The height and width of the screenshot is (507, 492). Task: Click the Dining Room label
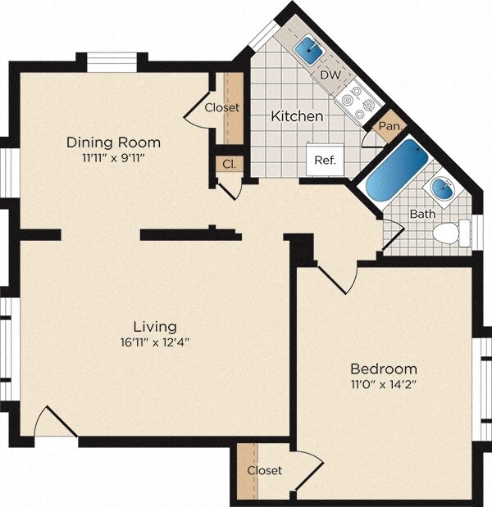coord(113,143)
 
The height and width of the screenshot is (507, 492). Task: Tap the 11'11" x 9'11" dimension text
coord(113,157)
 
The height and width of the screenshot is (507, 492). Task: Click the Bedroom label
coord(384,368)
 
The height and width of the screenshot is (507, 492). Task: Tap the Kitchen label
coord(297,116)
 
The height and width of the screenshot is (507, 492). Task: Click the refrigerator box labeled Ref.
coord(326,159)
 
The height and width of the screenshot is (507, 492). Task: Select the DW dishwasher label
coord(330,75)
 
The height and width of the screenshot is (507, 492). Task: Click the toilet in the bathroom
coord(449,233)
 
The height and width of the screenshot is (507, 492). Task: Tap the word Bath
coord(423,214)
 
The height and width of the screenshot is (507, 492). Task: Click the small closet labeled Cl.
coord(229,164)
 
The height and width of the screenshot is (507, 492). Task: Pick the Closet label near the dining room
coord(221,107)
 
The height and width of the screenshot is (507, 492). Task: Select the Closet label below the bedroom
coord(265,470)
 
